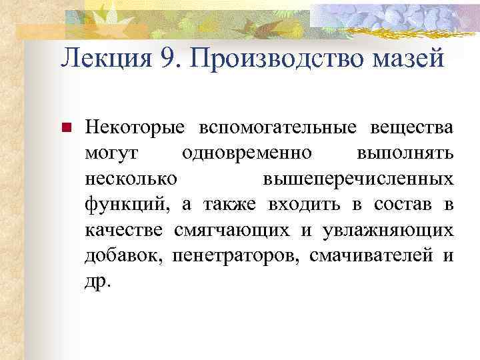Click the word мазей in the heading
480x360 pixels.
coord(408,60)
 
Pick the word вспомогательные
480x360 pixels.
coord(262,127)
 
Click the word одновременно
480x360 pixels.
coord(247,153)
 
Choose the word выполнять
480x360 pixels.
coord(405,153)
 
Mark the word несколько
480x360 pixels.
coord(131,179)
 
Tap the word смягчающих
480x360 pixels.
coord(232,230)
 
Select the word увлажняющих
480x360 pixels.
coord(387,230)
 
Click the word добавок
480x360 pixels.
coord(124,255)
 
